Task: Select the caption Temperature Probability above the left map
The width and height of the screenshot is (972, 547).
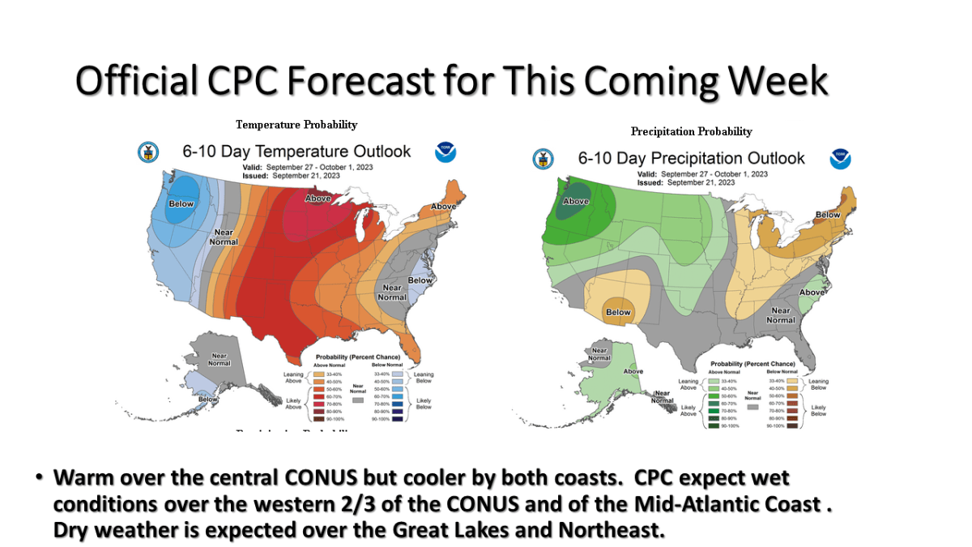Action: [296, 125]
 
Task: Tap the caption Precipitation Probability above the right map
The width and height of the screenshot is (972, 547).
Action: [691, 131]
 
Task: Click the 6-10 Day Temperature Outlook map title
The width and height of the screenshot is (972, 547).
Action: [296, 152]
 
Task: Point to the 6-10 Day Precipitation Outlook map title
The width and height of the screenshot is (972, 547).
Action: [691, 158]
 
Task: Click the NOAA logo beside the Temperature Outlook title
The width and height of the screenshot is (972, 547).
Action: [446, 152]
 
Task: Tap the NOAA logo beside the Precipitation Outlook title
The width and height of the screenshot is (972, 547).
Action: [840, 159]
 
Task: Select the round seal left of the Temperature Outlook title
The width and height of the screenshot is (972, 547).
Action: [148, 152]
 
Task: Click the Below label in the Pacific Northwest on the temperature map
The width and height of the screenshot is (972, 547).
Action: [181, 204]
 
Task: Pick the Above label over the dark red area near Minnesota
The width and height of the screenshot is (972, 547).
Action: [318, 198]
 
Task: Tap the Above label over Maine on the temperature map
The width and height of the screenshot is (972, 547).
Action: [443, 207]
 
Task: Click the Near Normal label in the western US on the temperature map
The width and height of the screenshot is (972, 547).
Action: [224, 237]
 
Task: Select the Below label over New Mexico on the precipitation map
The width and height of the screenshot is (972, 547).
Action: [618, 312]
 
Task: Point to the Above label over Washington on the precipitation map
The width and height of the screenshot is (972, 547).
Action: [576, 201]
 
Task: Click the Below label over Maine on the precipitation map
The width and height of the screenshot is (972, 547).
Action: [828, 215]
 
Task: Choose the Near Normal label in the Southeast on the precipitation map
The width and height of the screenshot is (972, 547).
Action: [781, 315]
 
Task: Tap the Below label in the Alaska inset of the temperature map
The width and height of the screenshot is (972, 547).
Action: [208, 399]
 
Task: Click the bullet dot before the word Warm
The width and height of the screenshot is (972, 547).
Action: [38, 478]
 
